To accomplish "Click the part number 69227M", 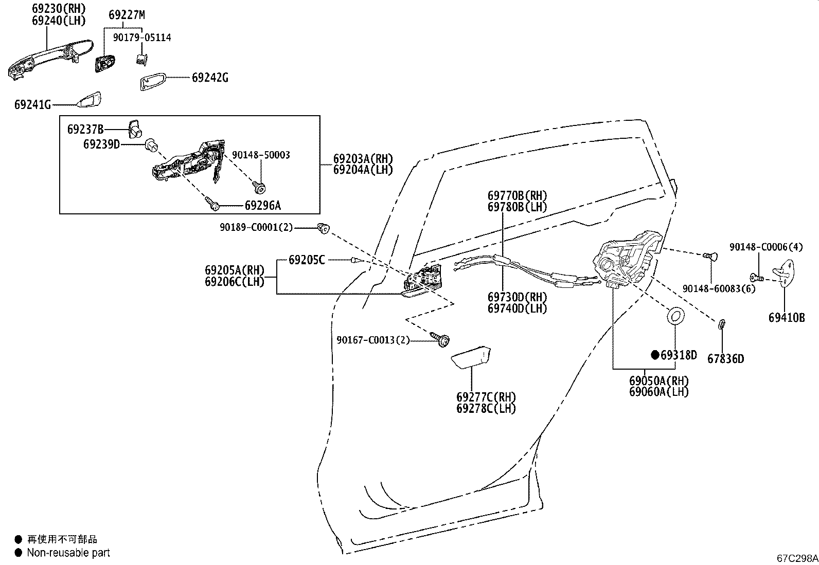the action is [x=127, y=15].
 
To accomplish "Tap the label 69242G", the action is [x=210, y=78].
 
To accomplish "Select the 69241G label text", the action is [x=32, y=105].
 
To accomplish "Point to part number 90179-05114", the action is [x=142, y=38].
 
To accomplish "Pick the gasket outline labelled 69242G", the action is [x=152, y=81].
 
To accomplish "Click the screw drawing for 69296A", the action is [x=212, y=203].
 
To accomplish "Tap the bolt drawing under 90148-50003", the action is [x=259, y=188].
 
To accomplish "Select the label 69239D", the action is [x=102, y=144].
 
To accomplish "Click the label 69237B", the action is [x=85, y=130].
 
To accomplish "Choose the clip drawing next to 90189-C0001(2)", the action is [x=323, y=228].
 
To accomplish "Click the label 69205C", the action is [x=307, y=260].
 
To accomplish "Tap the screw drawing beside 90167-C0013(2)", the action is [x=440, y=339].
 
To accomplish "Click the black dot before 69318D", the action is [x=655, y=355].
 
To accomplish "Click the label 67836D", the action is [x=726, y=359].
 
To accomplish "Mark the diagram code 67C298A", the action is [x=797, y=558].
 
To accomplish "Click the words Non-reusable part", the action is [x=68, y=553].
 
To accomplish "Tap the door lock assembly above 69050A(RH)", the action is [x=627, y=260].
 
